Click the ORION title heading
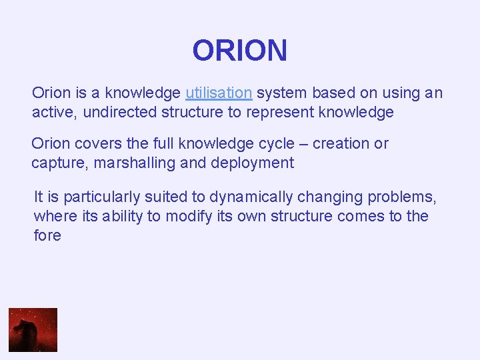(x=239, y=51)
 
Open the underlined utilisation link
(x=219, y=93)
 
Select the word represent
(x=280, y=112)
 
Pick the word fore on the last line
(x=47, y=235)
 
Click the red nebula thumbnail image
(x=33, y=329)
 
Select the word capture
(x=57, y=163)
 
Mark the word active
(x=53, y=112)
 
